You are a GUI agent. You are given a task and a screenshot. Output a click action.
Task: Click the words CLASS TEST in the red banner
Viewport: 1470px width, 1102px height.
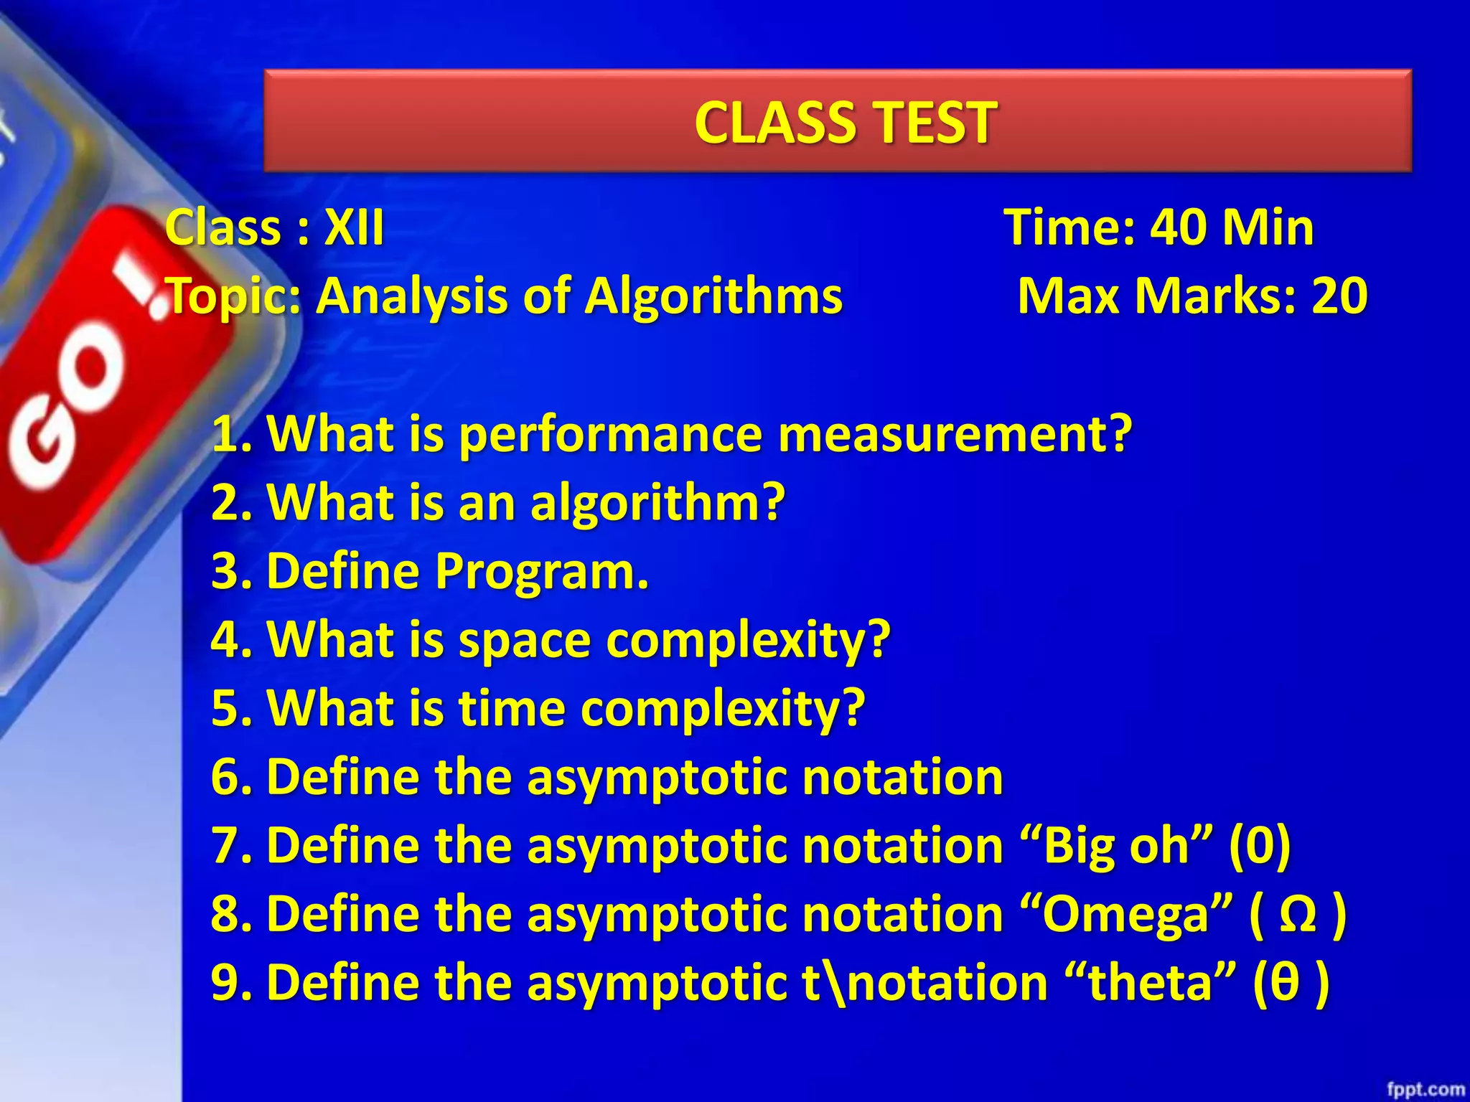coord(845,122)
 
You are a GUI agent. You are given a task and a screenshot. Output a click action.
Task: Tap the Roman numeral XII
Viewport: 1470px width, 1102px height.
coord(354,228)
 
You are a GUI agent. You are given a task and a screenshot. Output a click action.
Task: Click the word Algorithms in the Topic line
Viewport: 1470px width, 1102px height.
coord(713,296)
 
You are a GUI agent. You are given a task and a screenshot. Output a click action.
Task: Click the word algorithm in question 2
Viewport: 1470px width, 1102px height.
coord(646,503)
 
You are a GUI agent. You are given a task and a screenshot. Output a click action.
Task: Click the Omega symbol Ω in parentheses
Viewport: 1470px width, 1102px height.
coord(1298,915)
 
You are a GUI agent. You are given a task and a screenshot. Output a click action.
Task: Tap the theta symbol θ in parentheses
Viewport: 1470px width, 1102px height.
coord(1285,983)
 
